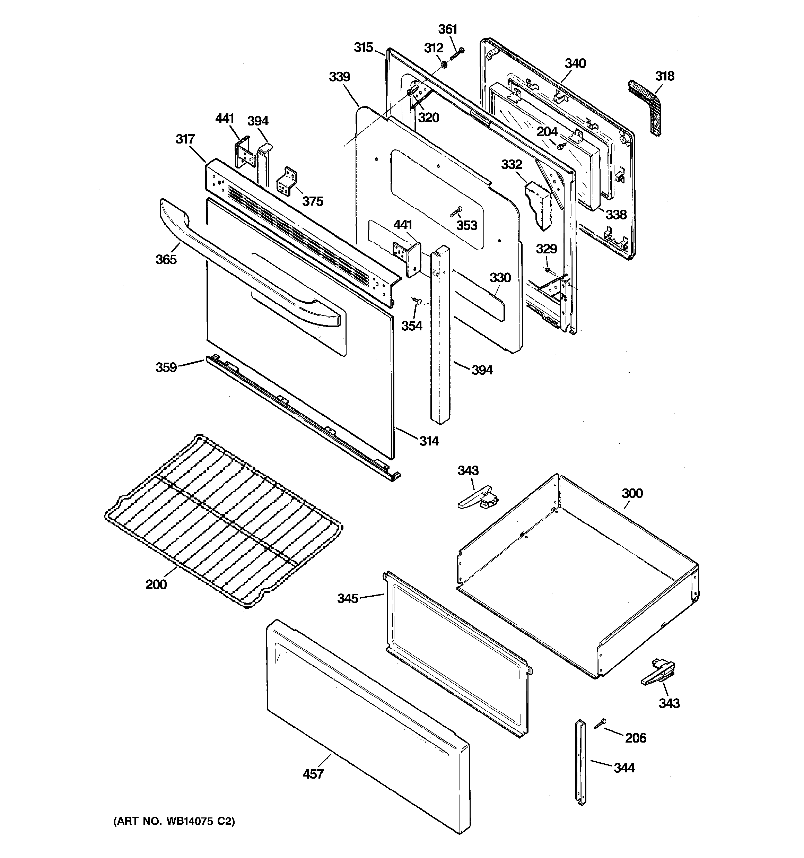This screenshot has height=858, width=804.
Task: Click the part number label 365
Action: coord(166,259)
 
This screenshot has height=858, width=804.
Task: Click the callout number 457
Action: coord(313,774)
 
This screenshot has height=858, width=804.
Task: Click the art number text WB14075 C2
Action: coord(174,821)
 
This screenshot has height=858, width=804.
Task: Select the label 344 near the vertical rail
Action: coord(624,768)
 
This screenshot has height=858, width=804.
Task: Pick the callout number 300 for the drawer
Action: coord(632,493)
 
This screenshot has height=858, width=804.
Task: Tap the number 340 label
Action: coord(575,63)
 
